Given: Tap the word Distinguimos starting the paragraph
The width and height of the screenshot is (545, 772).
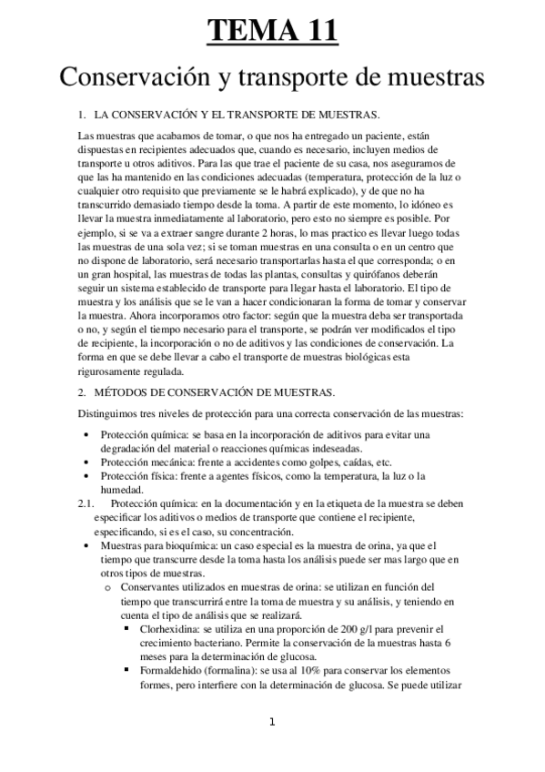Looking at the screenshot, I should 106,414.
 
